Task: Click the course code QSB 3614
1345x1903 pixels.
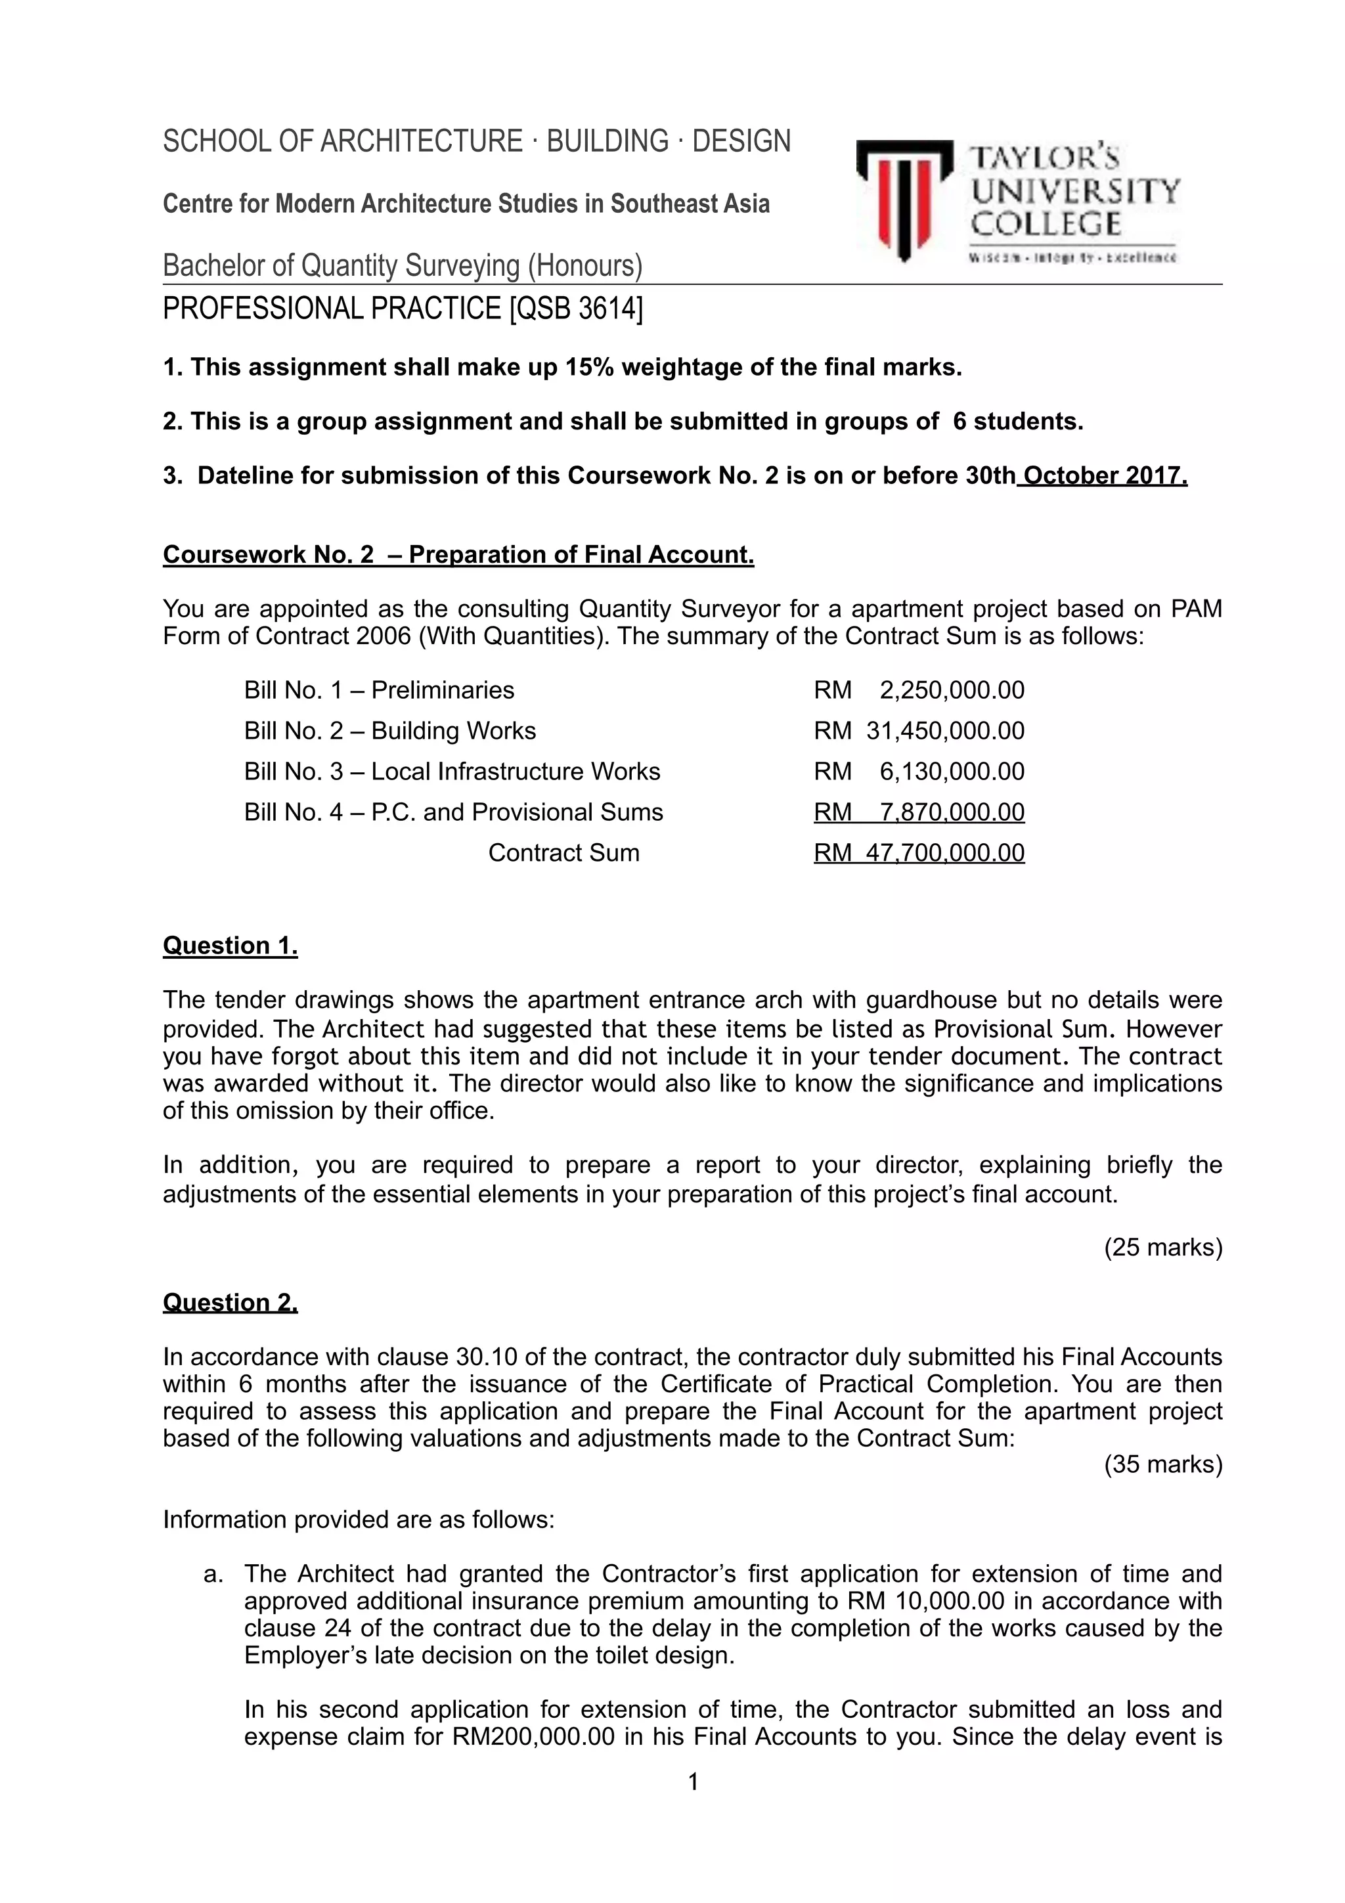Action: tap(577, 309)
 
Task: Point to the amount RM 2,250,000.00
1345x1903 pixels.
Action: tap(918, 689)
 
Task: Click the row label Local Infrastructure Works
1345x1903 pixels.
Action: tap(516, 772)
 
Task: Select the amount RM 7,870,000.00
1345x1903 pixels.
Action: tap(918, 812)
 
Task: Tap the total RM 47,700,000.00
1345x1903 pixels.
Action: tap(918, 853)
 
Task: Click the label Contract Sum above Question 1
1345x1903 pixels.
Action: tap(563, 853)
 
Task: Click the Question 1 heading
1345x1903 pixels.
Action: tap(230, 946)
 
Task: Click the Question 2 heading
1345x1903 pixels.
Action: tap(230, 1303)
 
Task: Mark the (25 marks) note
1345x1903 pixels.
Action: tap(1162, 1248)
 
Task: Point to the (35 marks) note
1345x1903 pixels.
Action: tap(1162, 1464)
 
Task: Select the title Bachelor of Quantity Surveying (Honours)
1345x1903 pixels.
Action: tap(403, 266)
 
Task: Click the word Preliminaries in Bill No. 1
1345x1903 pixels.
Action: tap(443, 689)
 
